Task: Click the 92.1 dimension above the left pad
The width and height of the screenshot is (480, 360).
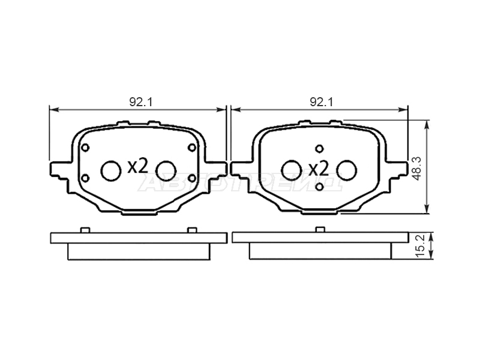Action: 140,102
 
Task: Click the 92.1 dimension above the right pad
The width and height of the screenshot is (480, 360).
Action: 322,102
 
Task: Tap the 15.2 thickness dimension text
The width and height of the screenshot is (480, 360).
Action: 421,246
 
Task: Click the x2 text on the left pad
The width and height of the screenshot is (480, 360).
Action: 138,166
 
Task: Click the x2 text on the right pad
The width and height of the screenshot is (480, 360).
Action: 319,169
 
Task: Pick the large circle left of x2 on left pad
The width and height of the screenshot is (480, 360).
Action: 111,170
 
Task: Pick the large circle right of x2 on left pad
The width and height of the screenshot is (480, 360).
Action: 166,170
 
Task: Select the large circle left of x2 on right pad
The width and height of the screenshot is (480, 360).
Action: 292,170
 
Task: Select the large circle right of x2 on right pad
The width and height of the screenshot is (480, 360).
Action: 347,170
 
